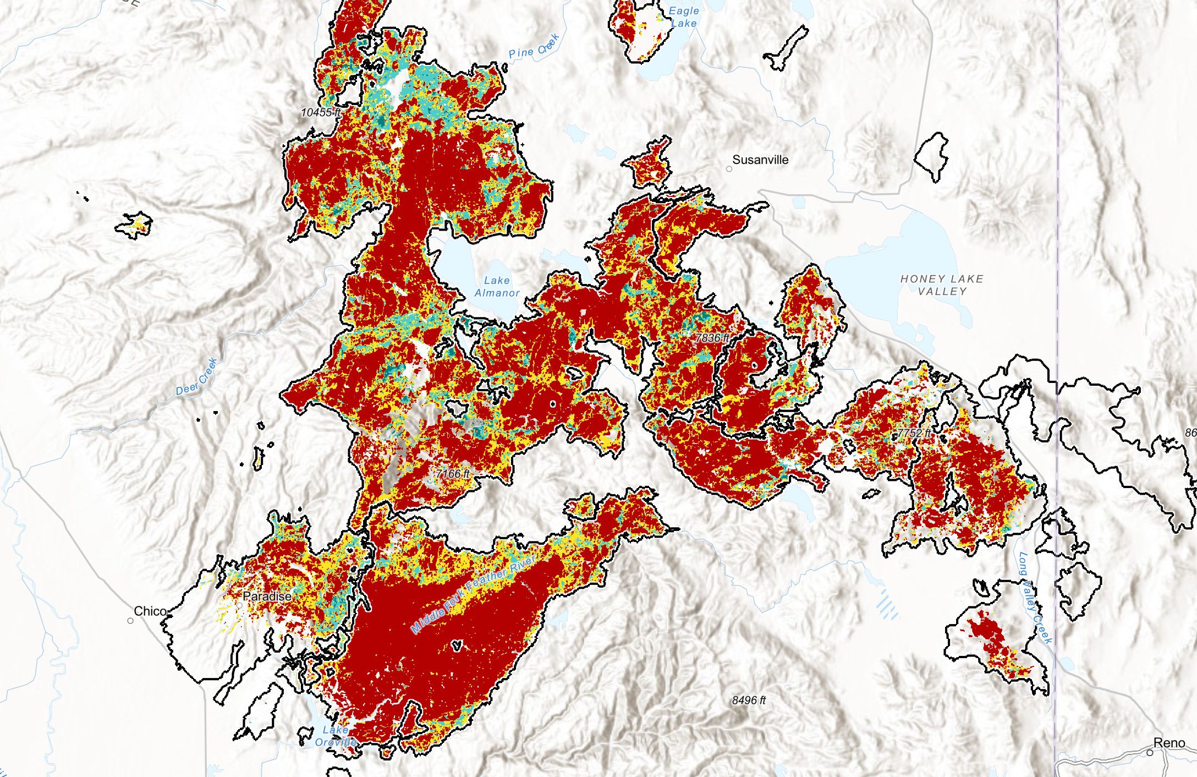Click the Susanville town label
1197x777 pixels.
[760, 160]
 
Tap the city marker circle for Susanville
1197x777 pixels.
[729, 169]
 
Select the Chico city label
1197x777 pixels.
[150, 611]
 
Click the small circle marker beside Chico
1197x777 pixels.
[130, 621]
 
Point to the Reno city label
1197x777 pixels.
[1169, 743]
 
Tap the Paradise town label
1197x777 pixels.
[267, 597]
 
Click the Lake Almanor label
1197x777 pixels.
[497, 287]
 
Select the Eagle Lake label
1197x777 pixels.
[684, 17]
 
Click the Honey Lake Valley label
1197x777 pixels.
[942, 285]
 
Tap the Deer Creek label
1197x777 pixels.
[197, 377]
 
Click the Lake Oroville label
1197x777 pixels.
[336, 736]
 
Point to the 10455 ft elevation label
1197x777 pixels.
[321, 112]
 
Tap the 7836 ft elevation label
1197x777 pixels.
[712, 338]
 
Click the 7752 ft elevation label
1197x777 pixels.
[914, 433]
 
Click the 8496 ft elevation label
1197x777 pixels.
[749, 701]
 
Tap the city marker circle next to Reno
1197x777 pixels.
[1150, 753]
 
